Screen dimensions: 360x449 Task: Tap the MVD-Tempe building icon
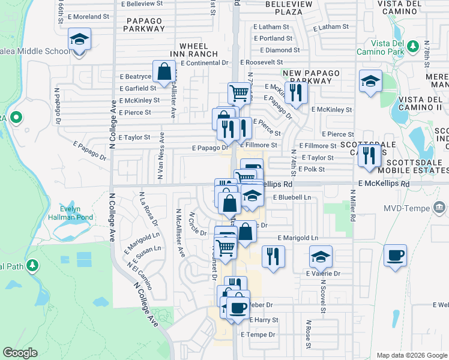(x=439, y=208)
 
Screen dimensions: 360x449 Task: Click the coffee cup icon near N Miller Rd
(x=395, y=255)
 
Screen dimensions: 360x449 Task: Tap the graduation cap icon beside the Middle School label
(x=79, y=40)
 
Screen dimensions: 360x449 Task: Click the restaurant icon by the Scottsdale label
(x=369, y=155)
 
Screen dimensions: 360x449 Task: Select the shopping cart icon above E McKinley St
(x=239, y=93)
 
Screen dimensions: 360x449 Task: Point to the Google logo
(x=20, y=353)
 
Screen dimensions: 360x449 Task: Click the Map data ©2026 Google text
(x=410, y=355)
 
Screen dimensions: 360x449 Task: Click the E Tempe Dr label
(x=258, y=334)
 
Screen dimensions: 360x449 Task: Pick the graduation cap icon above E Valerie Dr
(x=321, y=257)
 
